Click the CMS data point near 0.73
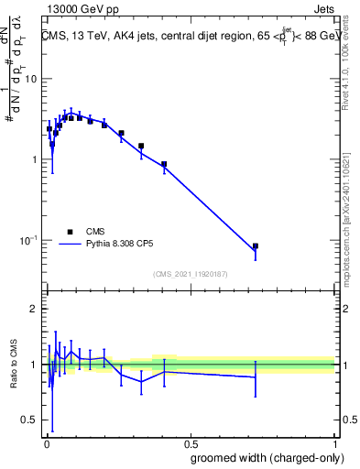(x=256, y=246)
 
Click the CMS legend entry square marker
(x=69, y=232)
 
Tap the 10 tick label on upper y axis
(x=31, y=80)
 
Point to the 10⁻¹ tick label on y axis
(x=28, y=240)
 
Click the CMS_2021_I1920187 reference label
(x=189, y=274)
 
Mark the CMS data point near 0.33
(x=141, y=146)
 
